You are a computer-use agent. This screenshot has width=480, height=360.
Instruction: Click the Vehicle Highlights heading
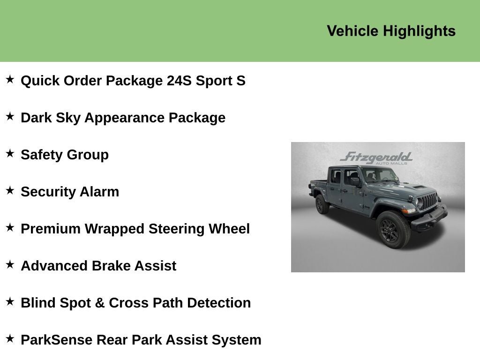pos(391,31)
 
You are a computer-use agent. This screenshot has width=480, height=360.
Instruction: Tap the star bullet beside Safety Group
pos(10,153)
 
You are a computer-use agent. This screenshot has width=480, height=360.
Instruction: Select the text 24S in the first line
pos(179,81)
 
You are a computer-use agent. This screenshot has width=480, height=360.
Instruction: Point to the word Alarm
pos(99,192)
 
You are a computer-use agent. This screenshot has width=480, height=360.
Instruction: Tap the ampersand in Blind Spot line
pos(100,303)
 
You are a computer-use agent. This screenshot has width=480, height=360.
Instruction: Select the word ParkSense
pos(56,340)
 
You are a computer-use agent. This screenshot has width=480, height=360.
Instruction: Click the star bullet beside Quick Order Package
pos(10,79)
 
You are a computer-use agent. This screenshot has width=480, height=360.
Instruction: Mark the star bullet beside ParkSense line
pos(10,338)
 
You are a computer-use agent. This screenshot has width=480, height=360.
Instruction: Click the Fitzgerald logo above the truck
pos(376,157)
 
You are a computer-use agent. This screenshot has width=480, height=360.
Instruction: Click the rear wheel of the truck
pos(322,204)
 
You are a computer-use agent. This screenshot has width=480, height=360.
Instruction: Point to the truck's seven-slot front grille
pos(429,201)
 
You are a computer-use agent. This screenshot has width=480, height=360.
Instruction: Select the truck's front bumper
pos(429,218)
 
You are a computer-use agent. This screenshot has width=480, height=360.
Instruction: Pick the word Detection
pos(219,303)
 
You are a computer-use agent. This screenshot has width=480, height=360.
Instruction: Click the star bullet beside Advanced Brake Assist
pos(10,264)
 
